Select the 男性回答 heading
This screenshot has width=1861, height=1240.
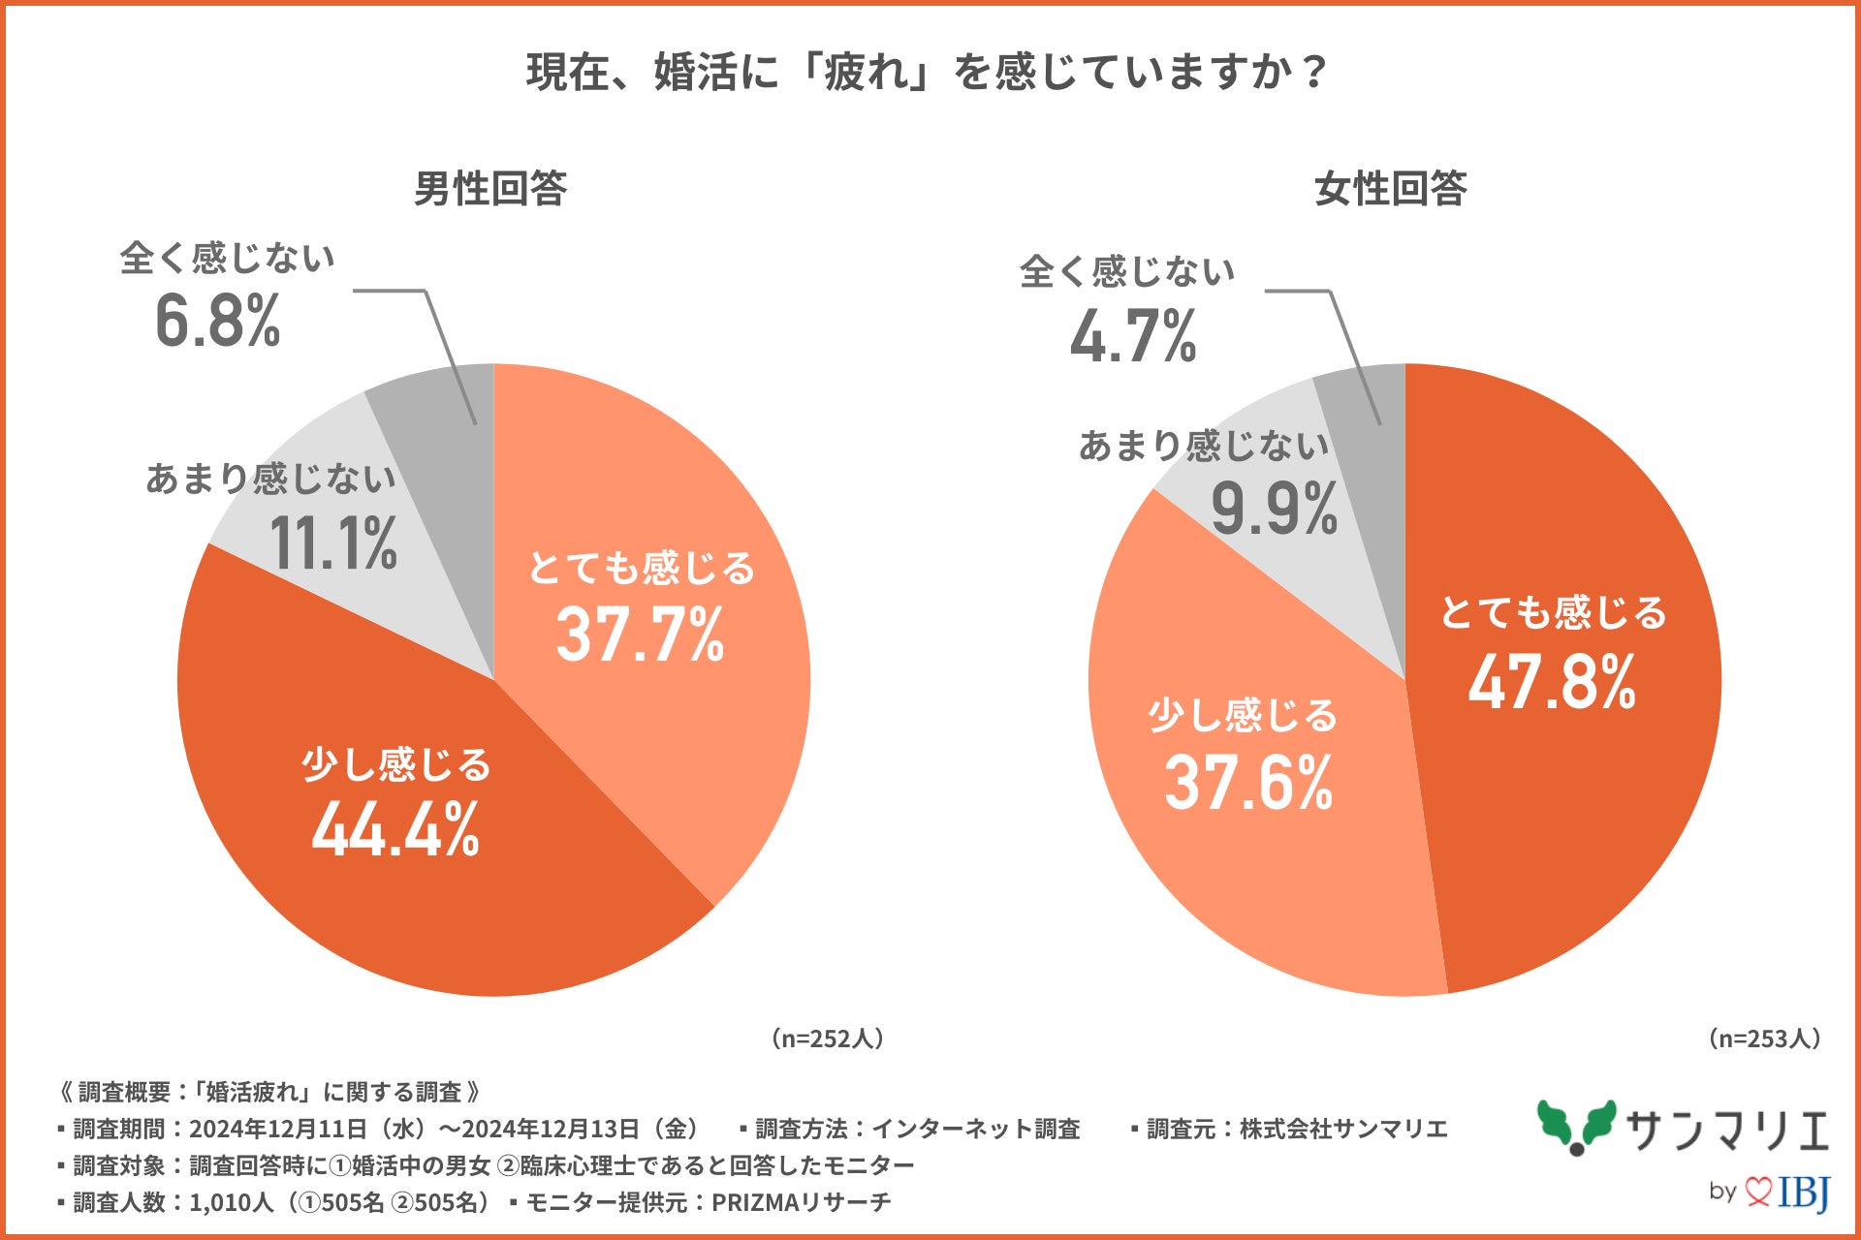[490, 188]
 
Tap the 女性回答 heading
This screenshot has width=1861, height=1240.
[1390, 188]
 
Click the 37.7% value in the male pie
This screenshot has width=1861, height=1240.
[640, 635]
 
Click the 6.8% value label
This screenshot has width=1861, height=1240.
[217, 322]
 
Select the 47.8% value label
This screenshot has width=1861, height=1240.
[1552, 682]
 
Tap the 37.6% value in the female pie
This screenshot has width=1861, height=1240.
[1248, 783]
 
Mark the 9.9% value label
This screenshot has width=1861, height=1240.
[1274, 509]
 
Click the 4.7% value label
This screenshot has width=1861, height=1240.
[1133, 337]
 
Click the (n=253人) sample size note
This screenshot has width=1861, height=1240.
[1764, 1038]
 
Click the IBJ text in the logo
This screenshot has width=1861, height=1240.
[1803, 1191]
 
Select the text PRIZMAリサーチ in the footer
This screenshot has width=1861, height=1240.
[801, 1202]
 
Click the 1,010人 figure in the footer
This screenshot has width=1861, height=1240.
[231, 1202]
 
